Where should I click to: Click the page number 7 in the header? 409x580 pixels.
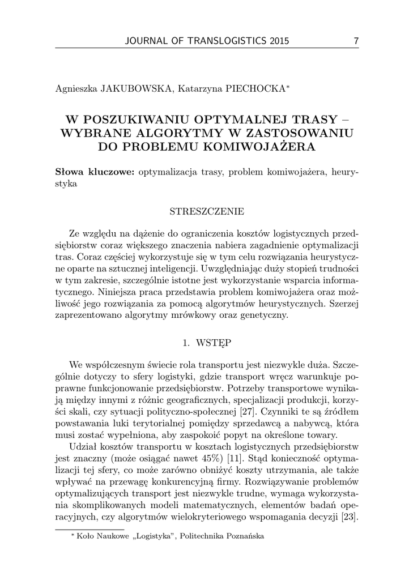[356, 41]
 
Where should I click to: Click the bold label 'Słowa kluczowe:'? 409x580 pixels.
[95, 172]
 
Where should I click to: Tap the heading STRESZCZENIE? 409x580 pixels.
[207, 212]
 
